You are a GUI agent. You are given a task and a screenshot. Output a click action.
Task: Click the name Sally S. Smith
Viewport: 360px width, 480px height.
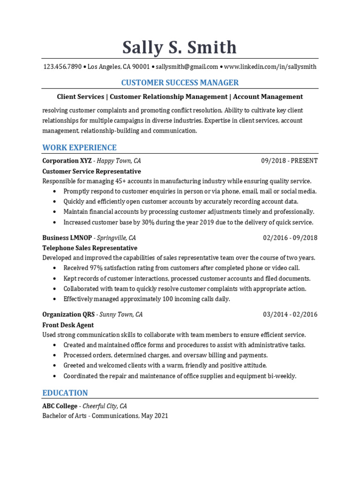(x=180, y=47)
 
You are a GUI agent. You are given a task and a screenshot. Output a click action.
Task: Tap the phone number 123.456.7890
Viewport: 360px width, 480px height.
(x=62, y=67)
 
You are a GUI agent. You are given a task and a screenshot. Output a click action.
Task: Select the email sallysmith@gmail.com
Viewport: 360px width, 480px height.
(x=187, y=67)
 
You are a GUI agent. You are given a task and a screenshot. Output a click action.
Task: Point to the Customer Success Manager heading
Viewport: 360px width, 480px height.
(x=180, y=82)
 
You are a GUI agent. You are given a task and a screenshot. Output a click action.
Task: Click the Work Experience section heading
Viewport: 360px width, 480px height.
(x=79, y=148)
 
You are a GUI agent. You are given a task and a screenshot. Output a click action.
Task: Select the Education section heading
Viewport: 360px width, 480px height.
(x=65, y=393)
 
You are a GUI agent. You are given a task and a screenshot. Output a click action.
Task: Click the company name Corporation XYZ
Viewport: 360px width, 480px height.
(x=67, y=161)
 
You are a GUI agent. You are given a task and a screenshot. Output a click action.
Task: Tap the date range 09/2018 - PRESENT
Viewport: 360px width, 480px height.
(x=289, y=161)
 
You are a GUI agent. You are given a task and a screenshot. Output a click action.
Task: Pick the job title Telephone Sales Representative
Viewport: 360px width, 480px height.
(x=90, y=248)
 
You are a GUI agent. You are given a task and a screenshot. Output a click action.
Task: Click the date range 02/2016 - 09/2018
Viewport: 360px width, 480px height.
(x=290, y=238)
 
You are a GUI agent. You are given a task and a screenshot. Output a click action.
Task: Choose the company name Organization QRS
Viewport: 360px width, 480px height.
(x=68, y=315)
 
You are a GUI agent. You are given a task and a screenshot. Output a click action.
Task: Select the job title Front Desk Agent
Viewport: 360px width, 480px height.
(x=68, y=325)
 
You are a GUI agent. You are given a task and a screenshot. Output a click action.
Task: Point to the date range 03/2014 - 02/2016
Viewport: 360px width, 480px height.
(x=290, y=315)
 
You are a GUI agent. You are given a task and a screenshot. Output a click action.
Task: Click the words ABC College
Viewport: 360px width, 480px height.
(x=60, y=406)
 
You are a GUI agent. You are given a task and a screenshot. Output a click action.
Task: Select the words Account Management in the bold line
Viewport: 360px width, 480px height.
(x=268, y=97)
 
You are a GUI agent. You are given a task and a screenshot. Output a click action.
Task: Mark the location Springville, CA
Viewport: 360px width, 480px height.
(x=116, y=238)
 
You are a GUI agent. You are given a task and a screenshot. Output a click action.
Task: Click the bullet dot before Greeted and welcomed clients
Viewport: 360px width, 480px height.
(x=55, y=366)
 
